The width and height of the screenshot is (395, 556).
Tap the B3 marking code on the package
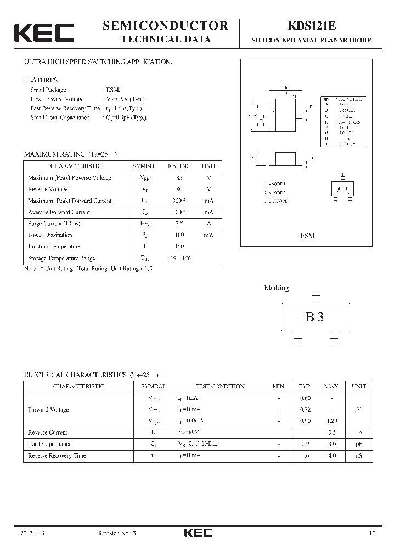tap(314, 317)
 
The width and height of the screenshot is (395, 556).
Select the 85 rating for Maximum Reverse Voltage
tap(179, 178)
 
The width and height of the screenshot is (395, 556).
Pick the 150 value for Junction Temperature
tap(179, 247)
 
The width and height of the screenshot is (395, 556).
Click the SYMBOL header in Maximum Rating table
tap(145, 166)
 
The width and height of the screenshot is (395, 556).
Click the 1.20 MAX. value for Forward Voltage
tap(332, 421)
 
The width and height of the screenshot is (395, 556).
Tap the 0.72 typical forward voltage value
tap(305, 410)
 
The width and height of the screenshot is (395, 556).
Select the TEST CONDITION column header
tap(212, 387)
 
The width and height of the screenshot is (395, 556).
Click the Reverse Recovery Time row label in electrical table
tap(57, 456)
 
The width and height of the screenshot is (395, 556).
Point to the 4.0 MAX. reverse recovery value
tap(332, 456)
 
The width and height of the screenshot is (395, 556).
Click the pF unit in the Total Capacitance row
tap(358, 444)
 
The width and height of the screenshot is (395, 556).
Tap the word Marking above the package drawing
tap(276, 288)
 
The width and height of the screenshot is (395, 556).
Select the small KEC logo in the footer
tap(198, 533)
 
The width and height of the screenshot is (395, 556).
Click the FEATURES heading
tap(41, 80)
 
